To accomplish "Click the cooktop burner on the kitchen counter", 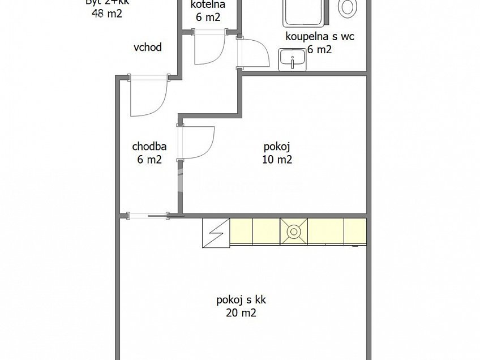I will tap(294, 232).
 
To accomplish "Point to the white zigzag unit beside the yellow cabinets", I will tap(216, 233).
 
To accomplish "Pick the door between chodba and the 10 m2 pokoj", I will tap(196, 142).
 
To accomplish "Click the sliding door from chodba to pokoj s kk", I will tap(148, 215).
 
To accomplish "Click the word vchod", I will tap(147, 48).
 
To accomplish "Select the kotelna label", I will tap(208, 5).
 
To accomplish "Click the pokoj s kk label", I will tap(241, 299).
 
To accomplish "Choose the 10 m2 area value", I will tap(277, 160).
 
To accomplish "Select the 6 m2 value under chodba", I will tap(149, 160).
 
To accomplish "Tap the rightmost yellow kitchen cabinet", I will tap(355, 232).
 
